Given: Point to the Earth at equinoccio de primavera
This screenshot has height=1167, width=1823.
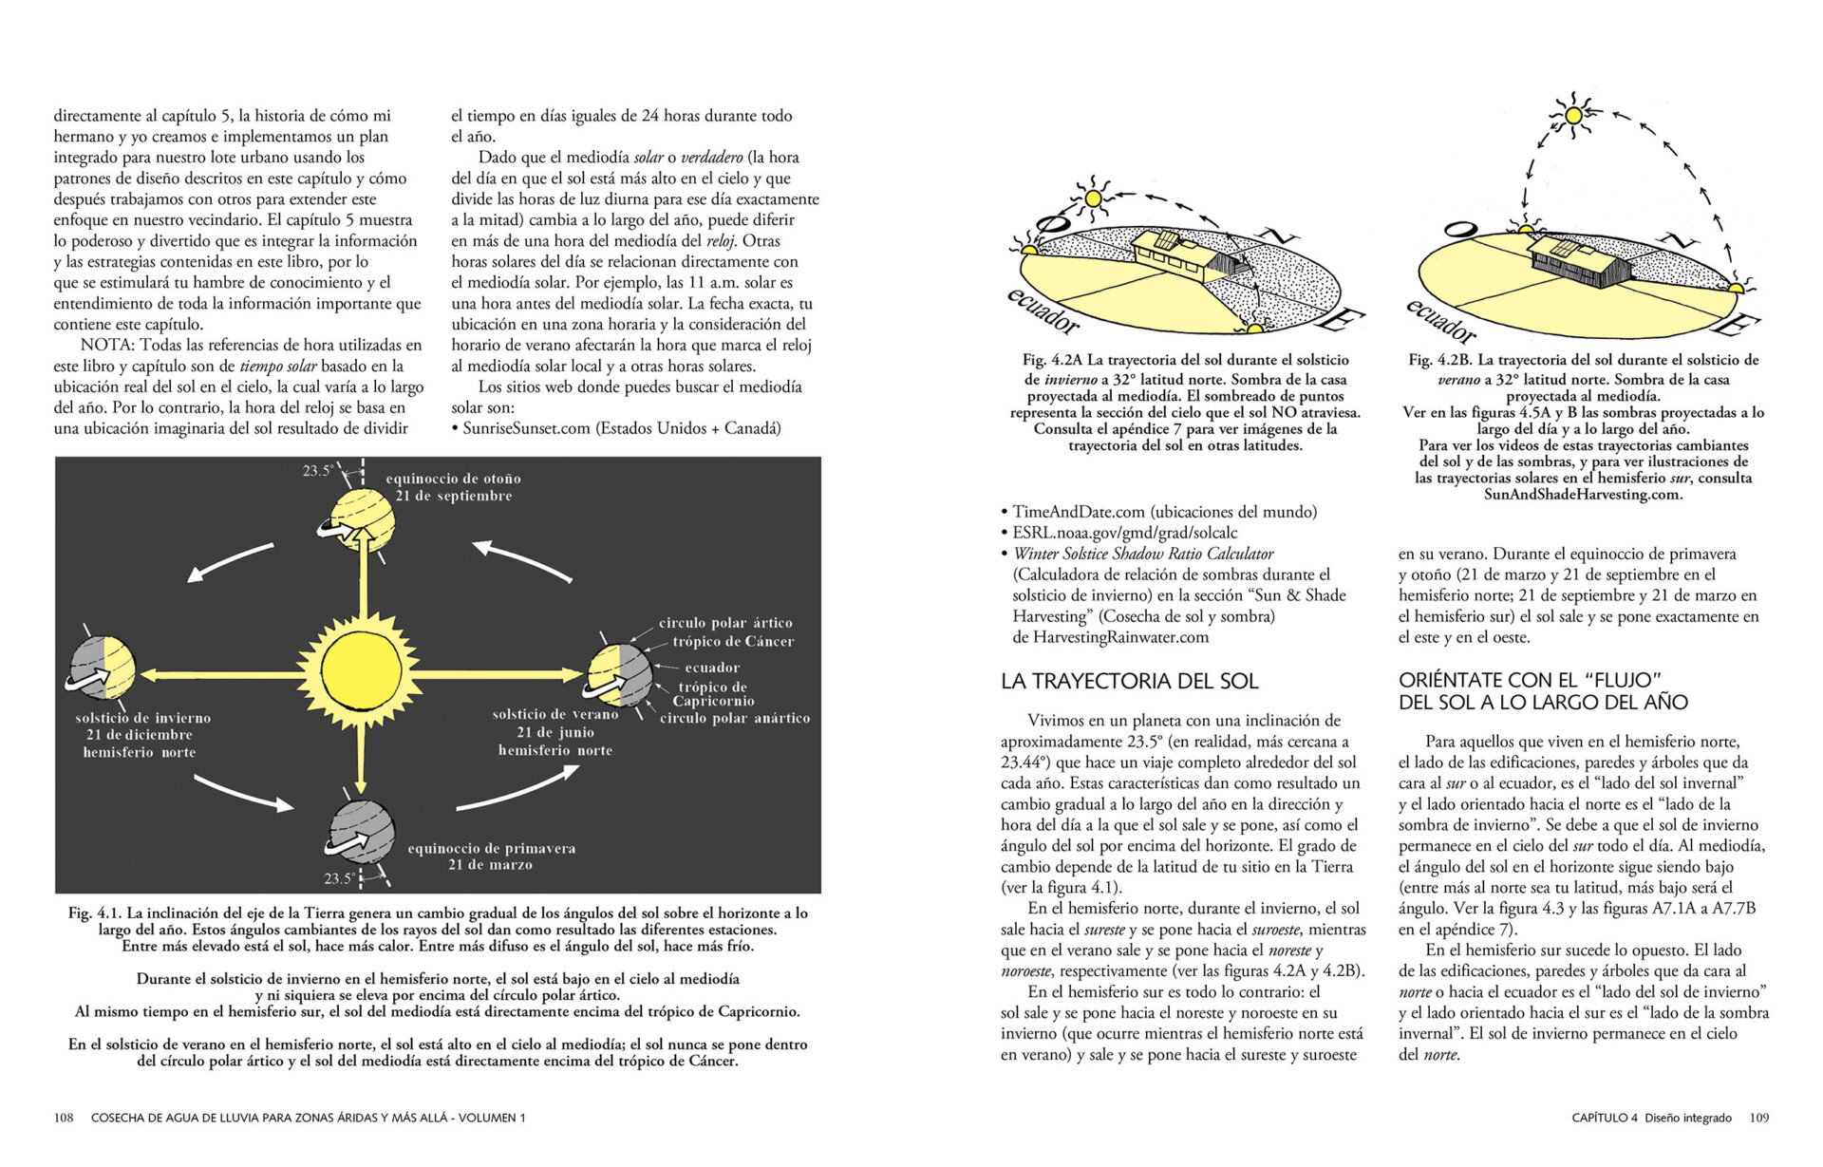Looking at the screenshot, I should click(x=361, y=833).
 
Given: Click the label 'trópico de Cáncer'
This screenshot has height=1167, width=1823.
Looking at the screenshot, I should click(x=733, y=641).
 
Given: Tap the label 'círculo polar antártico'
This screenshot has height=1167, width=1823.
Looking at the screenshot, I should click(x=735, y=718).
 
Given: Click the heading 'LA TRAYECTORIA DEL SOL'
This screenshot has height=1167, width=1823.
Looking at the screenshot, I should click(x=1129, y=681).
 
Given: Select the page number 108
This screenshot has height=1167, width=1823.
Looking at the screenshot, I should click(x=64, y=1118).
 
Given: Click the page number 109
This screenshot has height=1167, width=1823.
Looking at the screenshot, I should click(x=1758, y=1118).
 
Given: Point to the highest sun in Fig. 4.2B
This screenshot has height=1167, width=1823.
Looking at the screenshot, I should click(x=1573, y=115).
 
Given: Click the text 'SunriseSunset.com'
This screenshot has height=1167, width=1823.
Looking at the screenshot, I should click(x=527, y=428).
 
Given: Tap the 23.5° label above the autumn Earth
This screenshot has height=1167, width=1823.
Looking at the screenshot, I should click(x=317, y=471).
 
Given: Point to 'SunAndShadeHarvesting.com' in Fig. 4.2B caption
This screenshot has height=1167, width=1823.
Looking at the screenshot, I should click(x=1582, y=494).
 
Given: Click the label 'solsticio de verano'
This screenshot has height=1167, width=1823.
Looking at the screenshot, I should click(x=554, y=714).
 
